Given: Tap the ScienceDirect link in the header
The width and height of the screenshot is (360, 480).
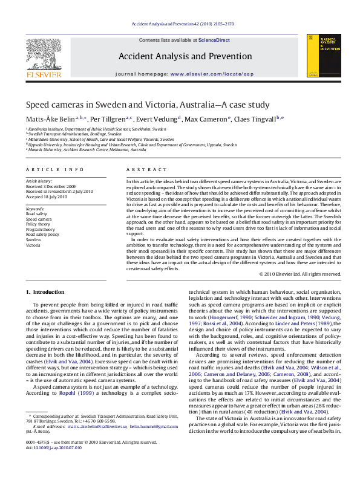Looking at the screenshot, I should pyautogui.click(x=214, y=39).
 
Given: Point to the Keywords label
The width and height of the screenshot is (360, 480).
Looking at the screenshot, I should pyautogui.click(x=35, y=209).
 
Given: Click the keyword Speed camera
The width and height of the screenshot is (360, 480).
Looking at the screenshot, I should pyautogui.click(x=39, y=219).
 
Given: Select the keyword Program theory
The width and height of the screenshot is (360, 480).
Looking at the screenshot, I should pyautogui.click(x=40, y=230).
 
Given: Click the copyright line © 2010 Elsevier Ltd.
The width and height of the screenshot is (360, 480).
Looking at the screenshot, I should pyautogui.click(x=299, y=274).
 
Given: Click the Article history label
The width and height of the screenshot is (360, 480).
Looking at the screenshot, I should pyautogui.click(x=39, y=181).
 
